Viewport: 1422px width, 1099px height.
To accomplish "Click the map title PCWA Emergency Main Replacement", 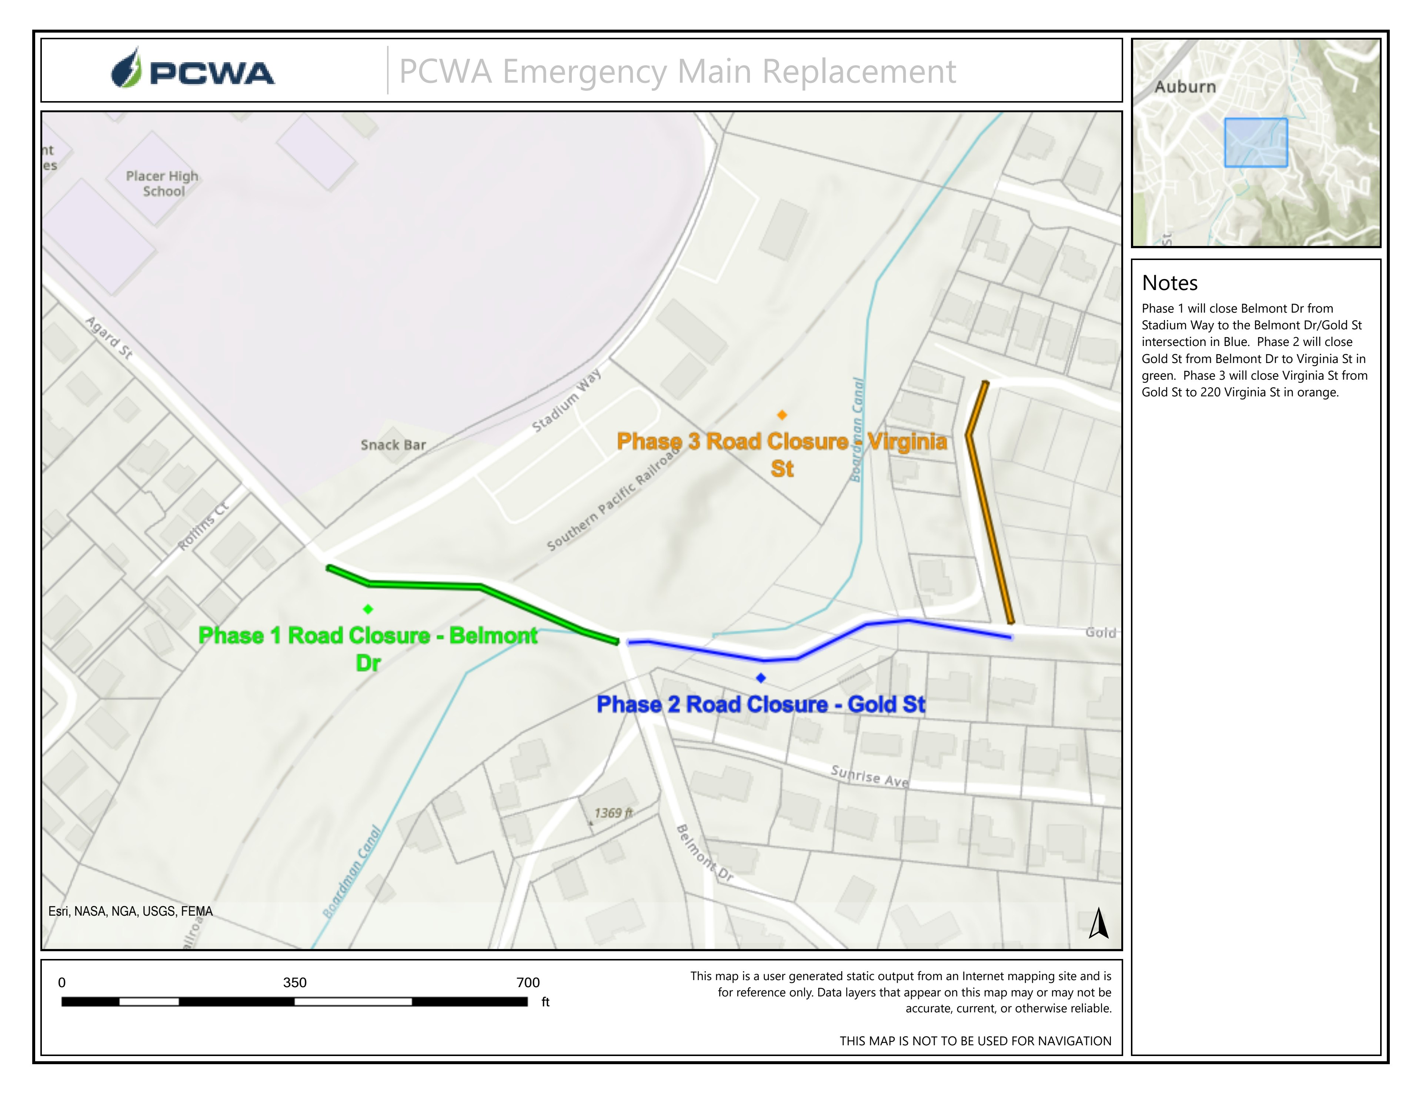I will tap(677, 71).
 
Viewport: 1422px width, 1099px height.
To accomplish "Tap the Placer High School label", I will tap(162, 184).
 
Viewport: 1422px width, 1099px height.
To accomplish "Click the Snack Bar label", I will tap(393, 445).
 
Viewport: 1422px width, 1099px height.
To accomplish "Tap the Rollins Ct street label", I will tap(204, 526).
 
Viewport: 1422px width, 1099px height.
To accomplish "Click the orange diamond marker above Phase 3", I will tap(782, 415).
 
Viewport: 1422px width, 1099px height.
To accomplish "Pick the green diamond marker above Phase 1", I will tap(368, 609).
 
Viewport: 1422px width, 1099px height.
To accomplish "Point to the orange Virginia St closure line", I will tap(990, 521).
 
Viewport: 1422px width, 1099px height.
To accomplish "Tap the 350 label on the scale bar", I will tap(294, 982).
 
